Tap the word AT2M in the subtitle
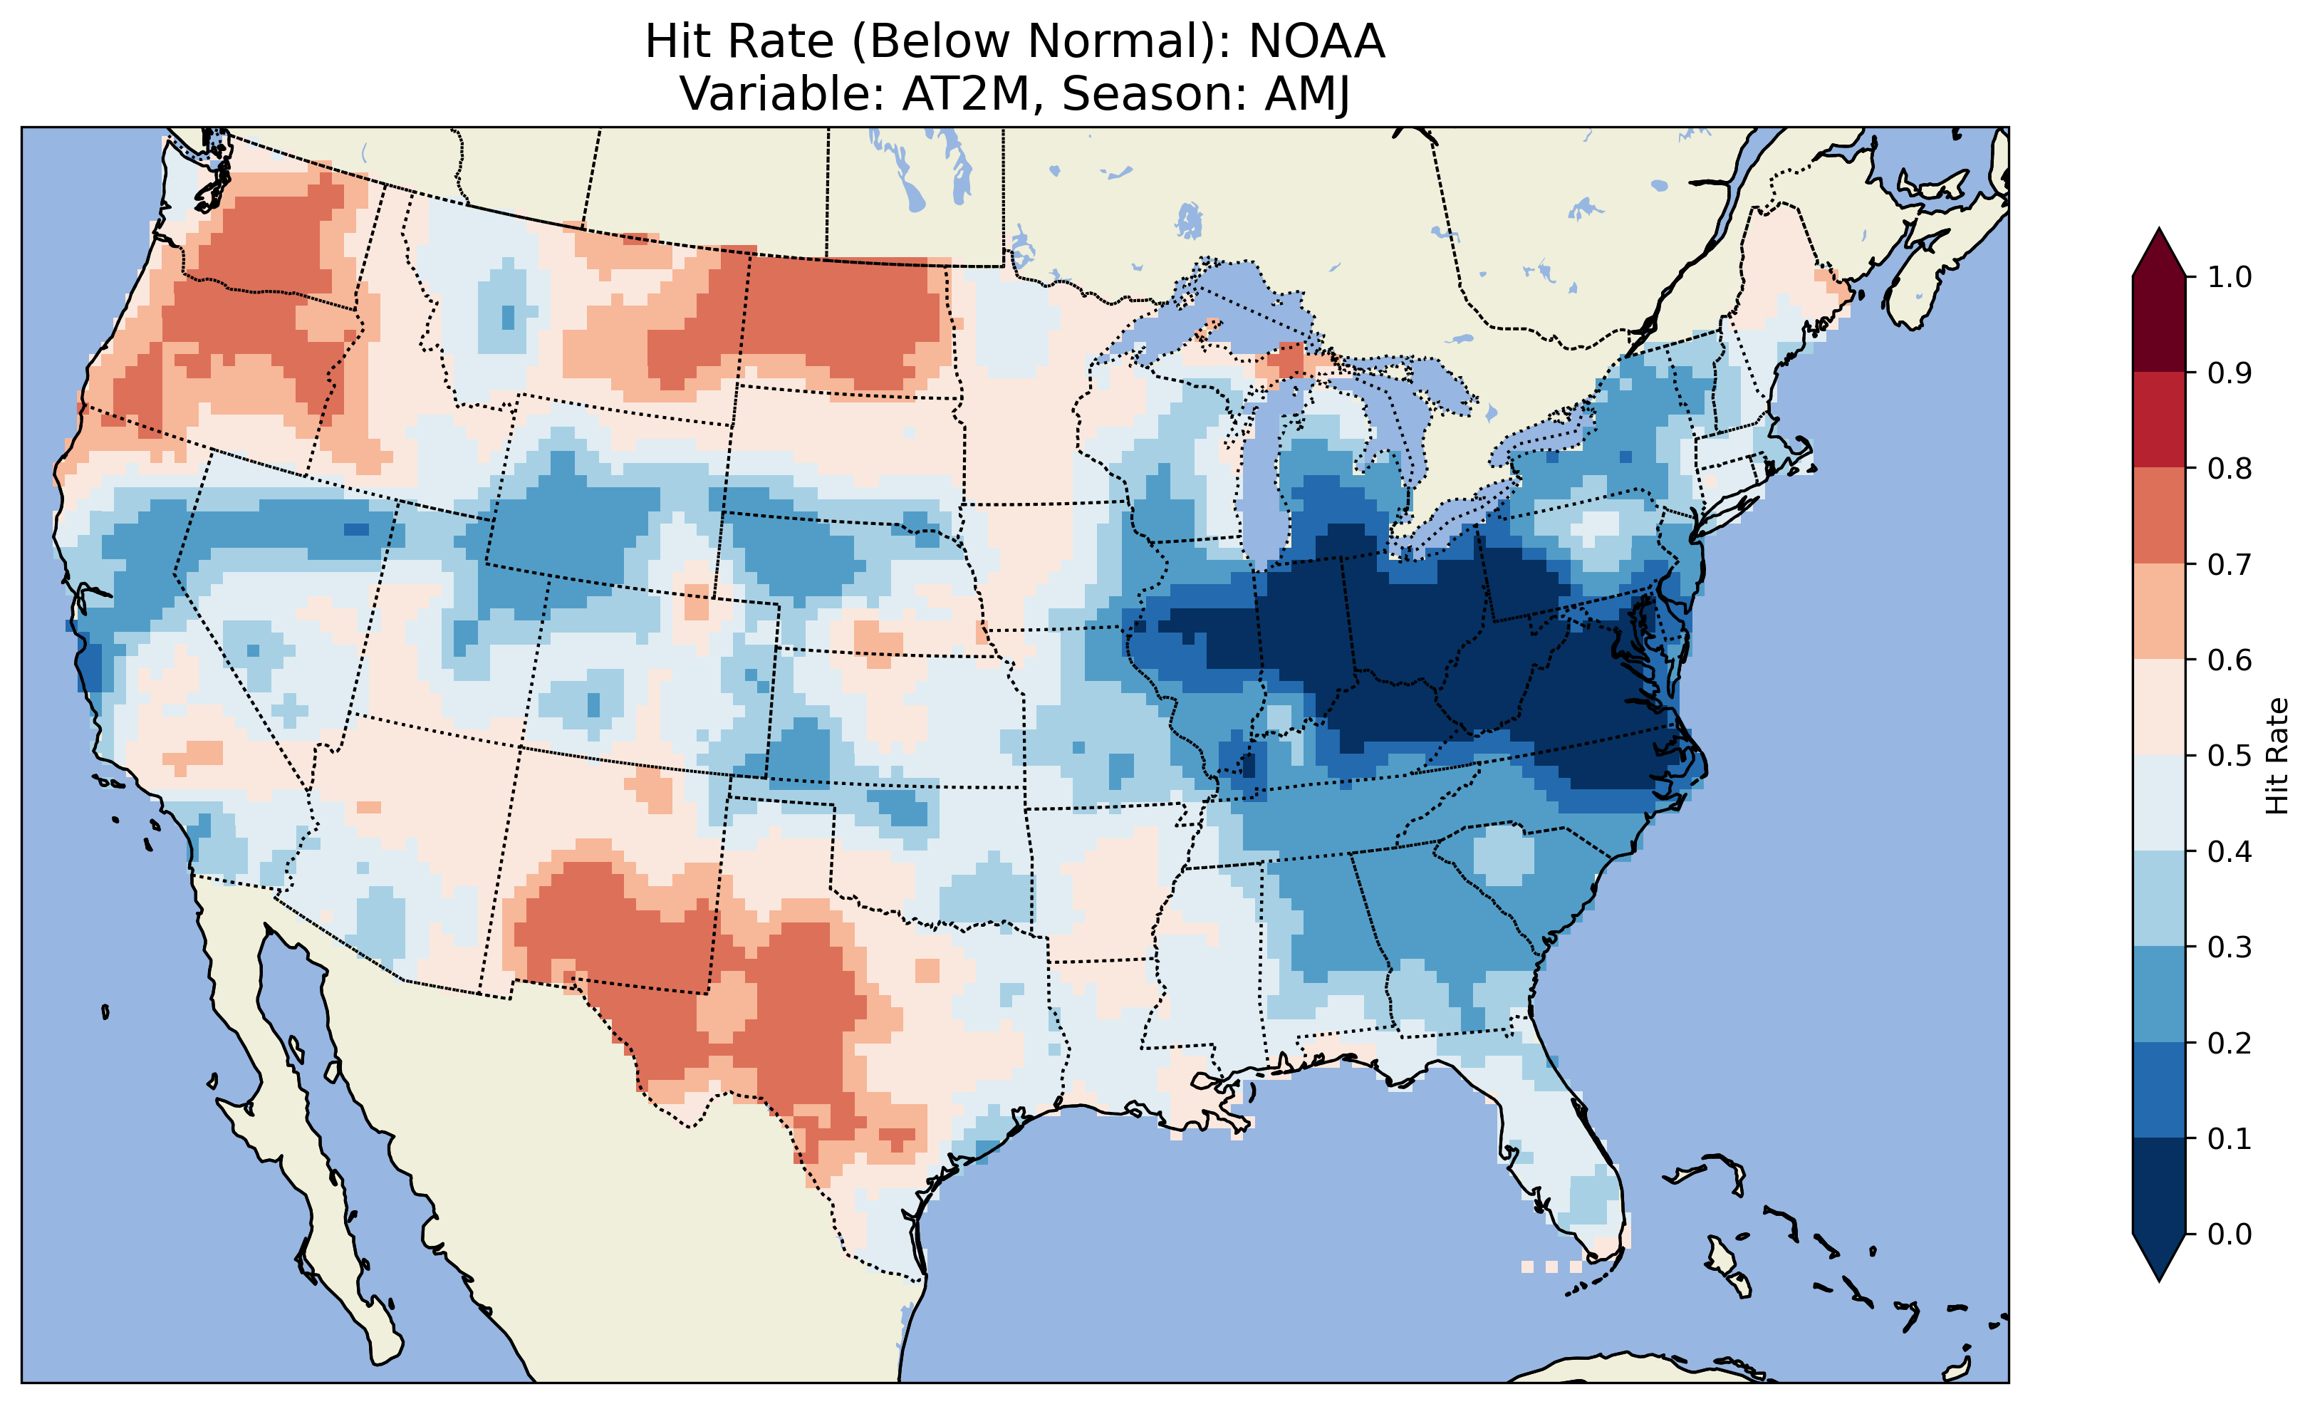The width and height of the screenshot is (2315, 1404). point(966,94)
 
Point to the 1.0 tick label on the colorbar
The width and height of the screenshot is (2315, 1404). point(2230,277)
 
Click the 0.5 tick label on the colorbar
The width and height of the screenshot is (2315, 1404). point(2230,756)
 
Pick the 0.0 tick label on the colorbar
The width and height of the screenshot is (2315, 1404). point(2230,1234)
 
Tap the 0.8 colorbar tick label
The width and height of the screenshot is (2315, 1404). point(2230,468)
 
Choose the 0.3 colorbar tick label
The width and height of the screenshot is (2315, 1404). point(2230,947)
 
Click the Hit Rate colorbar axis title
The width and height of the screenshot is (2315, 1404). point(2277,756)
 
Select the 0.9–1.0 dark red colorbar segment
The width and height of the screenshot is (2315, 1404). point(2159,324)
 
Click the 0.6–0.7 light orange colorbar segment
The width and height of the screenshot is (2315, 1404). point(2159,611)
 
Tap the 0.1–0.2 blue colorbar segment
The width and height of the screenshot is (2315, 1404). point(2159,1090)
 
